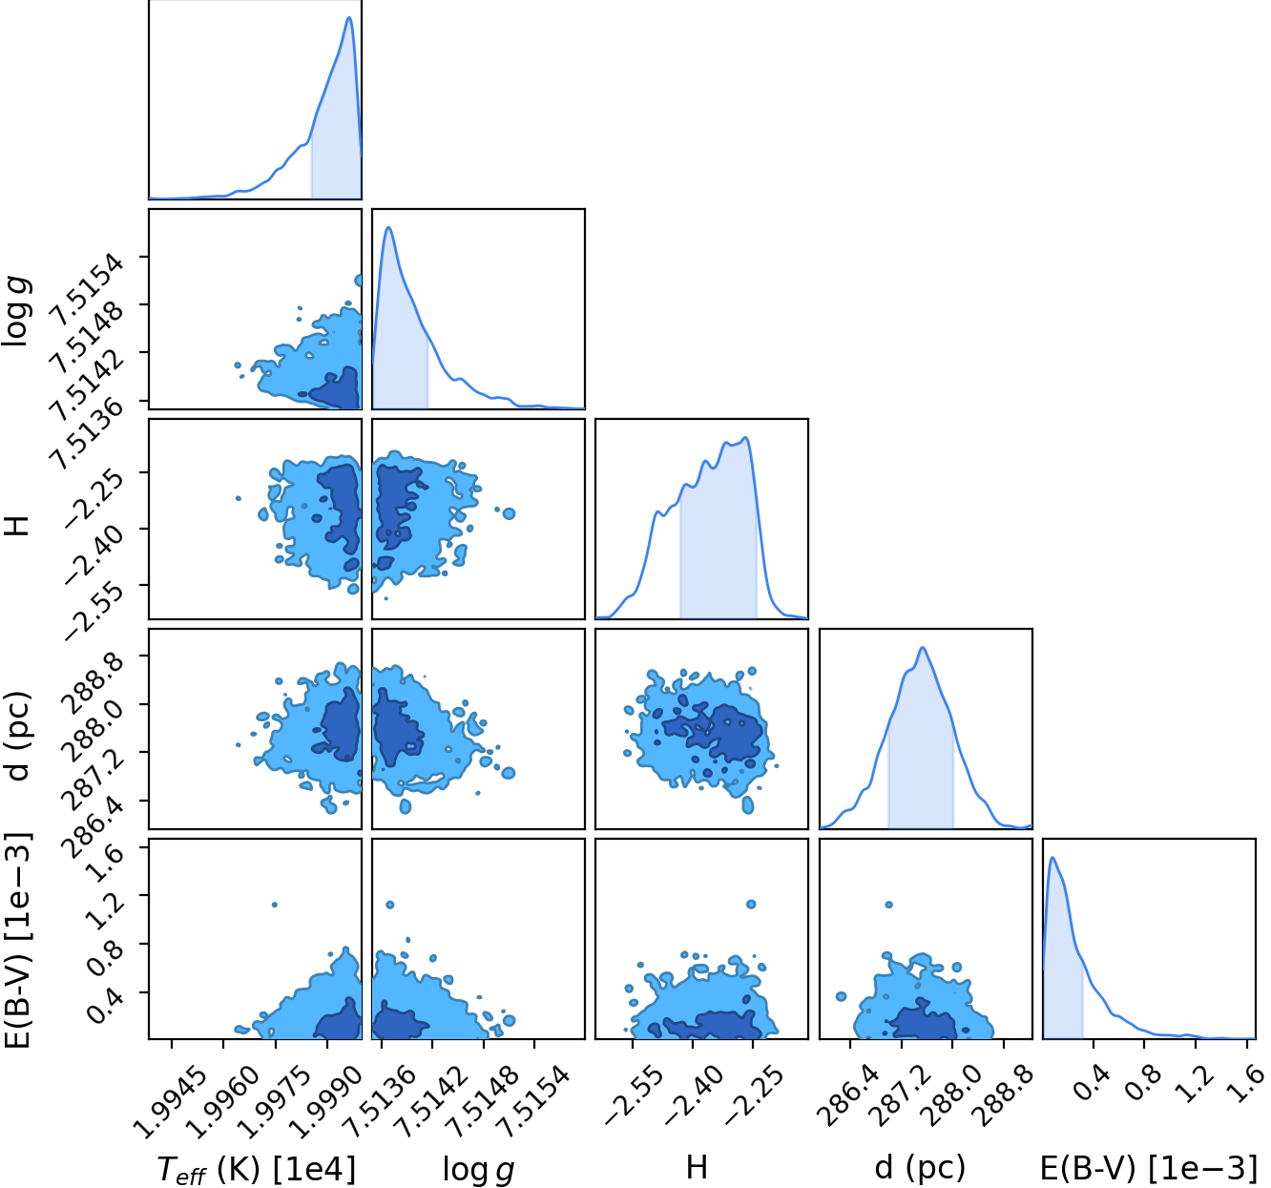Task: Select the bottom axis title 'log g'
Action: pos(479,1169)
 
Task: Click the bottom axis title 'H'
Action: pos(697,1168)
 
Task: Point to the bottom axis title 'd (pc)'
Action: pos(920,1168)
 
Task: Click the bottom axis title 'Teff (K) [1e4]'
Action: pos(256,1169)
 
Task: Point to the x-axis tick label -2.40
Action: pos(691,1098)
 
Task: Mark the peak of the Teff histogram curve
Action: pos(349,17)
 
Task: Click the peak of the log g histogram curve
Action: pos(388,227)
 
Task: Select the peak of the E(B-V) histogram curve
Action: pos(1052,858)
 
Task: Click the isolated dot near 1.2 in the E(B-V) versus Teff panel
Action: pos(275,905)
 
